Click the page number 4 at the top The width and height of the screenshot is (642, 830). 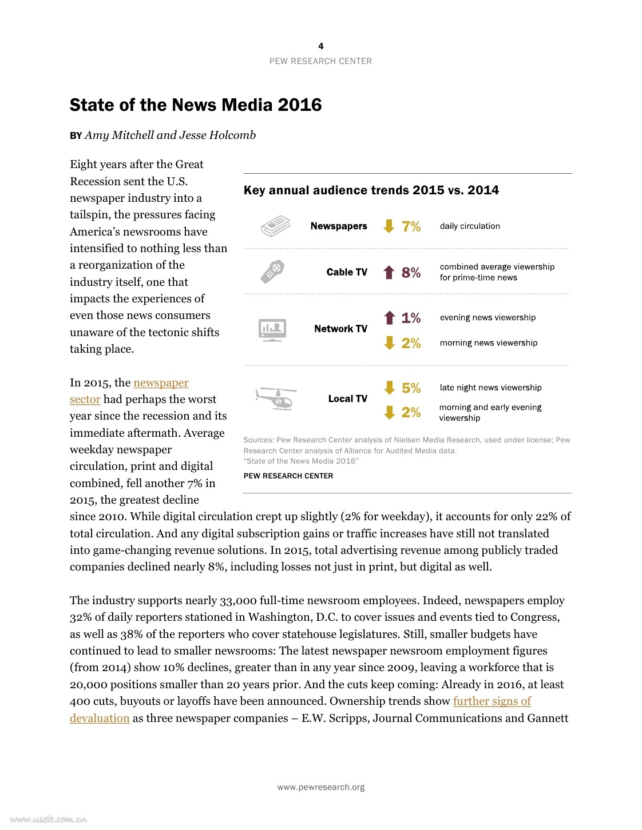[320, 46]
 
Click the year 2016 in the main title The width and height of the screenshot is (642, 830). [299, 105]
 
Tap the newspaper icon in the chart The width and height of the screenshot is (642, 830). [275, 226]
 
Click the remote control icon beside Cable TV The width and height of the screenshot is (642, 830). [272, 272]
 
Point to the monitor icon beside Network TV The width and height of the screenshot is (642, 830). [272, 330]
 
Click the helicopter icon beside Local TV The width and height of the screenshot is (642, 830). [276, 398]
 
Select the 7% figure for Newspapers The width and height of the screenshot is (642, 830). [411, 227]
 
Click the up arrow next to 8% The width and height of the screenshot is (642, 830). [389, 272]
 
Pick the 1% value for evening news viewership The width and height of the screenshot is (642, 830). [411, 318]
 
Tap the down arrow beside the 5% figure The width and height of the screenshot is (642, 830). [390, 388]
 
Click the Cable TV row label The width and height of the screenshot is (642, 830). [347, 272]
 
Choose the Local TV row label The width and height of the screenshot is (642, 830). [347, 399]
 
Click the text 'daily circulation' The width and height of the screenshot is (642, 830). [470, 226]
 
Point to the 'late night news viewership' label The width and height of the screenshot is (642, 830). [490, 388]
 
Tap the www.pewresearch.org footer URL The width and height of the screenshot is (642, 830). [320, 787]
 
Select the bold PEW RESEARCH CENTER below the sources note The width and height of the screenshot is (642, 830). [288, 476]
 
